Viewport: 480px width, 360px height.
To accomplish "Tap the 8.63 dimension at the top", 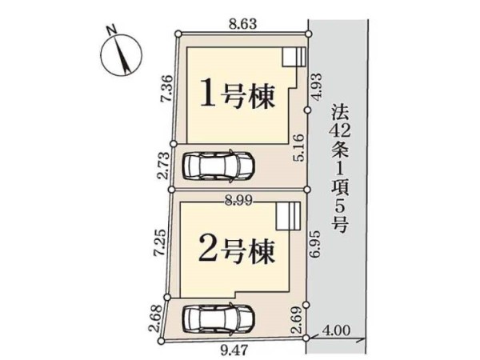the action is tap(242, 25).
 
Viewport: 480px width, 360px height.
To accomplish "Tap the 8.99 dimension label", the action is tap(238, 202).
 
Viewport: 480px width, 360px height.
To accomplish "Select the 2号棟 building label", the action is tap(235, 253).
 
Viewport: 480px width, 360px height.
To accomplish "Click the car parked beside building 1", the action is tap(218, 166).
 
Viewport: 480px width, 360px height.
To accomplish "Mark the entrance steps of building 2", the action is tap(287, 216).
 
